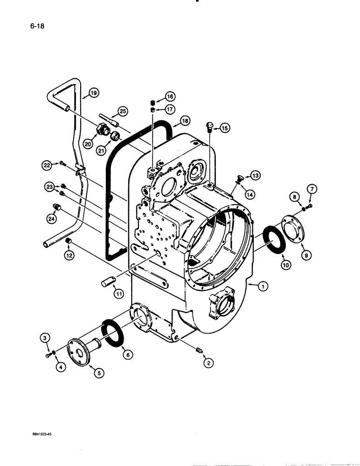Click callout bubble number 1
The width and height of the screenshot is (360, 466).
[263, 288]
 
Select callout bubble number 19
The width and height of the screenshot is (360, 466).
[94, 94]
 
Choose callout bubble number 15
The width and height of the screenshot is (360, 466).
[225, 128]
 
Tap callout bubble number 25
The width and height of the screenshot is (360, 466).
[122, 111]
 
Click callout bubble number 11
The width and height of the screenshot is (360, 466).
[118, 294]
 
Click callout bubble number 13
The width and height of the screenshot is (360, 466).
[255, 175]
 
